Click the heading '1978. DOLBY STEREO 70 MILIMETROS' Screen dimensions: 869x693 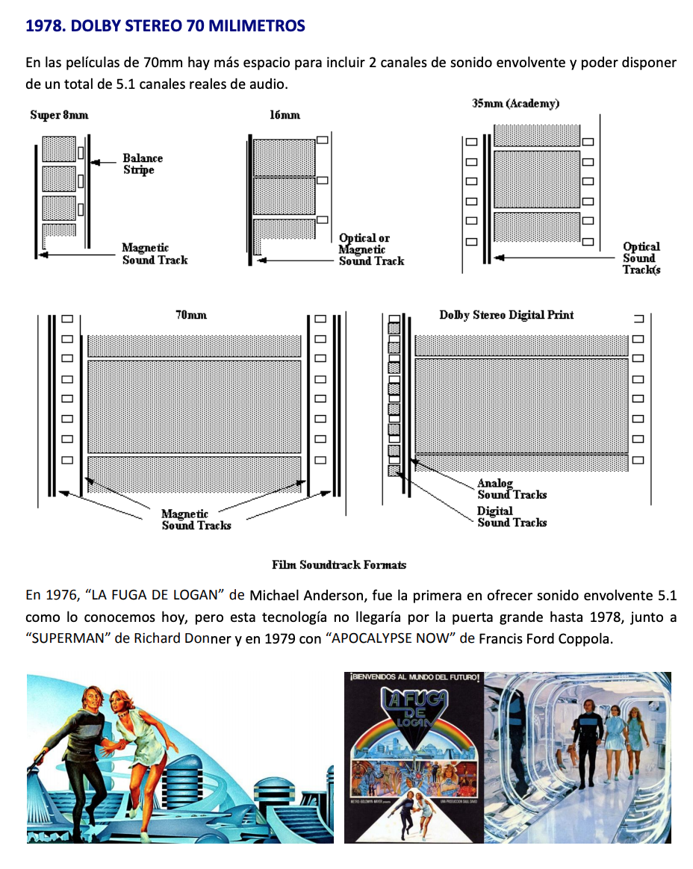[165, 26]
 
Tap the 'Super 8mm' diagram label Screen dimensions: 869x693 [59, 115]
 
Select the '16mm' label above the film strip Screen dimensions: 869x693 [285, 115]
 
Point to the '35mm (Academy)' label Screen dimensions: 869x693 [515, 103]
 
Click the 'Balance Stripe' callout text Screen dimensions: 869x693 [142, 164]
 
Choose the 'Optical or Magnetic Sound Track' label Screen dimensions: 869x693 [370, 249]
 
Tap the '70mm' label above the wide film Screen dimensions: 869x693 [191, 315]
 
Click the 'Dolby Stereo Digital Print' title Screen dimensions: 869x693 [506, 315]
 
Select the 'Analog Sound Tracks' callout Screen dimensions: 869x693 [512, 489]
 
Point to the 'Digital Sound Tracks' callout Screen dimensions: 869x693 [512, 517]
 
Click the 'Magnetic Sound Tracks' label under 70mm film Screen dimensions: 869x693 [196, 520]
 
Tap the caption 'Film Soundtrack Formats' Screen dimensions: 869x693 [339, 565]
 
